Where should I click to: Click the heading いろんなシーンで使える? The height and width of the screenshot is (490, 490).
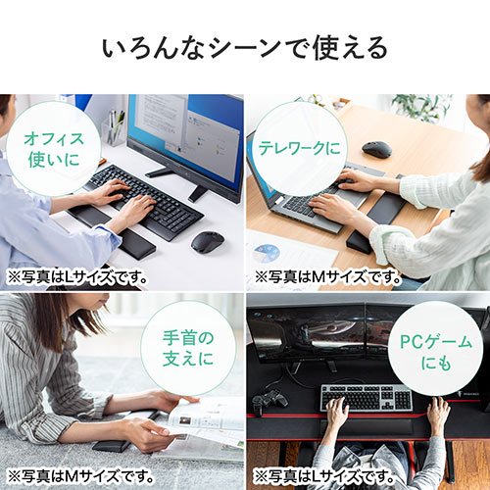244,46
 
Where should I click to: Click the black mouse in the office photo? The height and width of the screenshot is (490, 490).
207,241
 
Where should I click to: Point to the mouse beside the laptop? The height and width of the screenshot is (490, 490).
377,150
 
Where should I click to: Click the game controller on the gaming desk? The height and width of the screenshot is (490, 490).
269,401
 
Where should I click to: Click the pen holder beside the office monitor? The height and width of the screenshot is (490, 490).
117,131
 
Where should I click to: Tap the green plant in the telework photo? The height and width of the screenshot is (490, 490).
420,106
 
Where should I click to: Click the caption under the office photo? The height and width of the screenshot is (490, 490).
76,276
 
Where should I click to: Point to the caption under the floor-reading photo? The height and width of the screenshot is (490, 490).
76,475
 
